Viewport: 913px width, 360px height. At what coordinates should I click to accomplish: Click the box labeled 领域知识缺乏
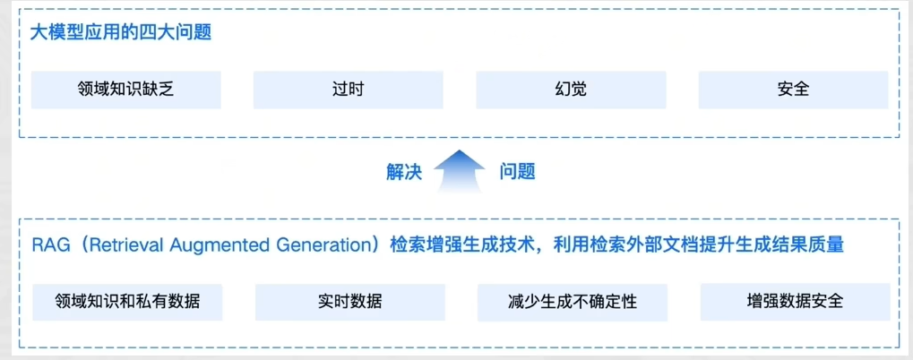[125, 90]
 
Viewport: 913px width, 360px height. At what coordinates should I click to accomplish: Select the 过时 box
[348, 90]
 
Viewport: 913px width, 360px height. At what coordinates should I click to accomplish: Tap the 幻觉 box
[571, 90]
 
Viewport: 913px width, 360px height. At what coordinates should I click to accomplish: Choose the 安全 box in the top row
[793, 90]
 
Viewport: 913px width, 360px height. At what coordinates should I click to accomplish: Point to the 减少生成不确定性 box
[571, 302]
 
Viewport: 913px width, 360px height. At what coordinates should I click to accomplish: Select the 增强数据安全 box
[794, 302]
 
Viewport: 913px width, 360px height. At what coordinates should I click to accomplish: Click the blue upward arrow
[460, 171]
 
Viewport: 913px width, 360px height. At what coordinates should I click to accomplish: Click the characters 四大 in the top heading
[168, 32]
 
